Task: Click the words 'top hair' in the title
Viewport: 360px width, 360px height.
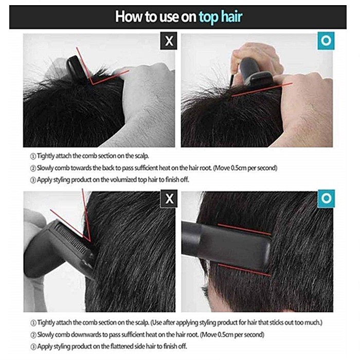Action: pos(221,17)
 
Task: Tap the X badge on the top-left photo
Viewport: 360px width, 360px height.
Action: pos(169,41)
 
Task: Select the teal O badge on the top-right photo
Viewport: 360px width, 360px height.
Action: pos(326,41)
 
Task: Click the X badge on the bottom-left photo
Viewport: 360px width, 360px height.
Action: pos(169,199)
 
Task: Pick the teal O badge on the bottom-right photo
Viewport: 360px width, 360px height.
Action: pos(326,199)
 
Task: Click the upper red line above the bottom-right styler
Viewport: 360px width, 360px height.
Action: pos(244,229)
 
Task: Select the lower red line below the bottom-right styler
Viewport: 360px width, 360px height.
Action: pos(244,270)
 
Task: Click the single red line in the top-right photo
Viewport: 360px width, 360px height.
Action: pos(262,89)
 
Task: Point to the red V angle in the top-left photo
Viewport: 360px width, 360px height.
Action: pos(93,83)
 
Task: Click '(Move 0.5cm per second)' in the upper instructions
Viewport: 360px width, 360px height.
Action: pos(245,168)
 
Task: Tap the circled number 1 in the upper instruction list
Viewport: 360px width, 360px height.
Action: pos(33,156)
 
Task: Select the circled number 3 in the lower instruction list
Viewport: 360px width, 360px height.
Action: pos(33,347)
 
